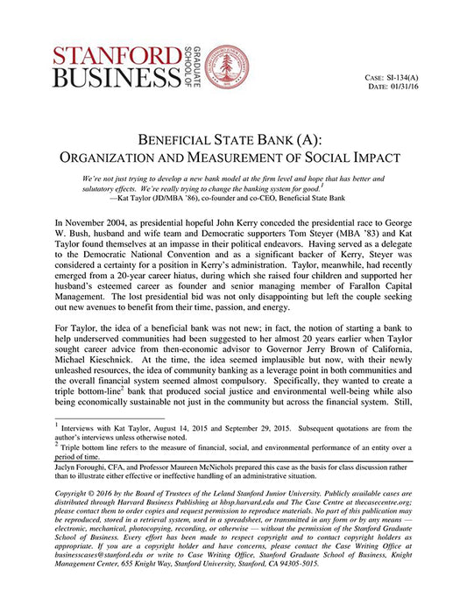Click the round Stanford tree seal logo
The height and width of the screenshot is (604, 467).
(x=226, y=67)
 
